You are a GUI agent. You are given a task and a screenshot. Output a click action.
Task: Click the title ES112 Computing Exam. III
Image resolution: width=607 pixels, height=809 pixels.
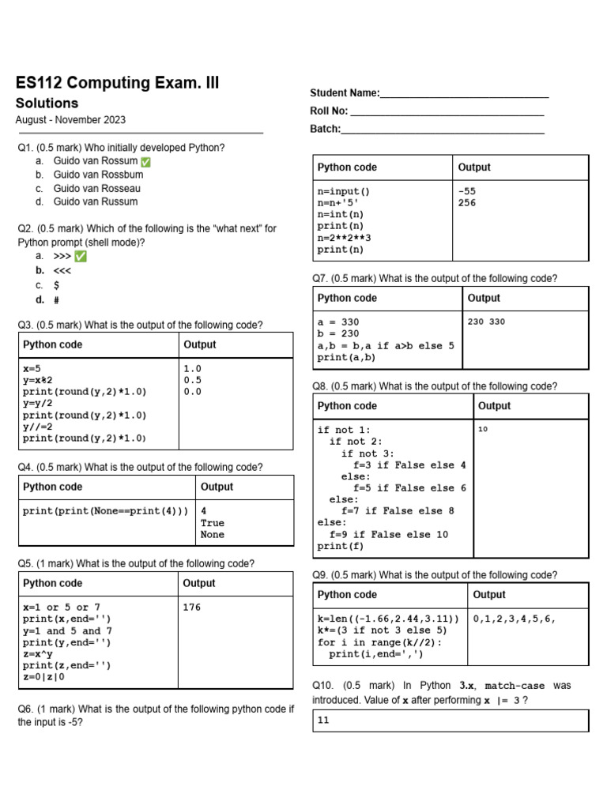coord(118,84)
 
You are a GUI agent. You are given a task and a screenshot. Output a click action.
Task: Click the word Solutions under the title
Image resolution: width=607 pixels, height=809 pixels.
coord(47,103)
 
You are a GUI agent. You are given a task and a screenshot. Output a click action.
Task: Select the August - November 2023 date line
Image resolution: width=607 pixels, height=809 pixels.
coord(70,120)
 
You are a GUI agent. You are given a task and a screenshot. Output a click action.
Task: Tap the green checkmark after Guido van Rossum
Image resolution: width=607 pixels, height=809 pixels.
coord(145,162)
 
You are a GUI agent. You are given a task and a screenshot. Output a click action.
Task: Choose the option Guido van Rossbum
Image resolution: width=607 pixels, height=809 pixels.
coord(98,175)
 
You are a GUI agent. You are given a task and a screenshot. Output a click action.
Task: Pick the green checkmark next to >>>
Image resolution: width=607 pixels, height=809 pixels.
coord(81,257)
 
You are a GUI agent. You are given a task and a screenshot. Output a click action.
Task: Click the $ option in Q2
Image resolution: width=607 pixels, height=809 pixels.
coord(57,285)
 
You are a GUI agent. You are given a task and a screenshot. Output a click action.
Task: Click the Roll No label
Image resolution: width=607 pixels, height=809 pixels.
coord(329,111)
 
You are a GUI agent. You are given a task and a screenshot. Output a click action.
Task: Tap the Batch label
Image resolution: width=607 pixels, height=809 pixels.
coord(325,129)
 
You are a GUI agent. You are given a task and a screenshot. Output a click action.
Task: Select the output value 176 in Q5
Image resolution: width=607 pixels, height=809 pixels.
coord(192,608)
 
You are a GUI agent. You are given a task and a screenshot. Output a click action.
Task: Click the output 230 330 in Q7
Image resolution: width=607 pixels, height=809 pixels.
coord(486,322)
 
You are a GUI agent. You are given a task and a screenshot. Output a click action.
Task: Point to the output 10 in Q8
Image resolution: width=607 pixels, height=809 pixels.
coord(484,430)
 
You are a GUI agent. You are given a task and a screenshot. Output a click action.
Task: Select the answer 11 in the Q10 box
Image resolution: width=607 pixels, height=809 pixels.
coord(323,721)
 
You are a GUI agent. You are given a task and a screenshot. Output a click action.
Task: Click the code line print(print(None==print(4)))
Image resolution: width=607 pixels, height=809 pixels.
coord(106,511)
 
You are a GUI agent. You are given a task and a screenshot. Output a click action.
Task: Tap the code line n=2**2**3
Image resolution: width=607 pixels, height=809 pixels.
coord(344,238)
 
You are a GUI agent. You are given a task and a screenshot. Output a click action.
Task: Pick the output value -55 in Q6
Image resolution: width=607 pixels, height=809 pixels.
coord(467,191)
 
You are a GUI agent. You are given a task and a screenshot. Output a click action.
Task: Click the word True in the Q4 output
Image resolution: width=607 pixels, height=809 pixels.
coord(213,523)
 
